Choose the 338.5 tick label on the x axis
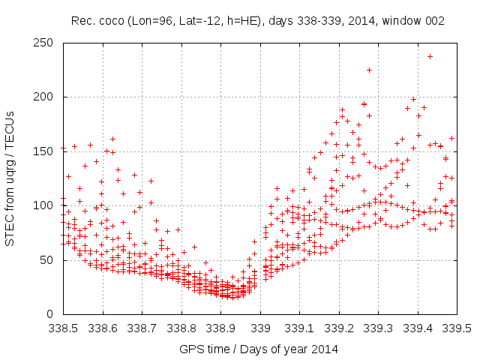pos(63,328)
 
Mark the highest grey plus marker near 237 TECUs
pos(430,56)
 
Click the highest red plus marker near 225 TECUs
pos(369,70)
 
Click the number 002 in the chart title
pos(436,21)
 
